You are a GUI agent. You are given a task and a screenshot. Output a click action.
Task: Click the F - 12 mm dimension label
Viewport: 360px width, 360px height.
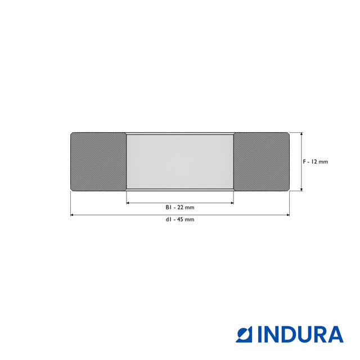[315, 161]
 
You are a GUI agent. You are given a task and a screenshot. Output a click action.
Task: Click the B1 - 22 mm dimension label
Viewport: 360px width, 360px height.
[179, 208]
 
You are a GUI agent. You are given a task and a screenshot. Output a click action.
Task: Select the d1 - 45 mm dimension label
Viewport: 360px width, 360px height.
[179, 219]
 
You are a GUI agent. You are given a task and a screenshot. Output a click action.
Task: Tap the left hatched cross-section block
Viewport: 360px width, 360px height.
[98, 161]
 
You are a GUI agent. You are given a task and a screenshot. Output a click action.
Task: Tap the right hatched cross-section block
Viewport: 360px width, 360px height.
[261, 161]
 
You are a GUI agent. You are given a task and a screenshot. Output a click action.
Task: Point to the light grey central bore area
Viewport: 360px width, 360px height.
[179, 161]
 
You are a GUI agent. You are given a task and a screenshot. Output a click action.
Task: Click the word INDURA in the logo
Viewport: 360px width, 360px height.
[300, 335]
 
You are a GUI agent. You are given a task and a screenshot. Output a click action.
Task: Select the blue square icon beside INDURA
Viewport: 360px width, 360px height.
[245, 335]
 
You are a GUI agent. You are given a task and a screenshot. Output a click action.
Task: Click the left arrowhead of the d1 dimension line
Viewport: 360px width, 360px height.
[72, 215]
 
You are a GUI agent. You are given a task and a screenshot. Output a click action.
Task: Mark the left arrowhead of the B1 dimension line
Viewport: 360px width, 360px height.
[128, 202]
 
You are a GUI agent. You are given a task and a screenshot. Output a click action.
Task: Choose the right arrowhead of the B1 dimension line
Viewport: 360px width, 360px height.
[231, 202]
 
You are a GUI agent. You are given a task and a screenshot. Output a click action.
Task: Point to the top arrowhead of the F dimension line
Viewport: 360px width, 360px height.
[301, 135]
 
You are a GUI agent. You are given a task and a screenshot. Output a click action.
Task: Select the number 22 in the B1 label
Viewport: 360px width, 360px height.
[181, 208]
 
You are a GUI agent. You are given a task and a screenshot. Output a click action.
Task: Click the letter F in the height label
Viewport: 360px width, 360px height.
[304, 161]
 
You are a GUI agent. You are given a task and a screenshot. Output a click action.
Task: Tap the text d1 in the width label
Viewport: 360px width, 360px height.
[168, 219]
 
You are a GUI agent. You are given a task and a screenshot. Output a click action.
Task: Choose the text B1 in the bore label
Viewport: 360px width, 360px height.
[168, 208]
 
